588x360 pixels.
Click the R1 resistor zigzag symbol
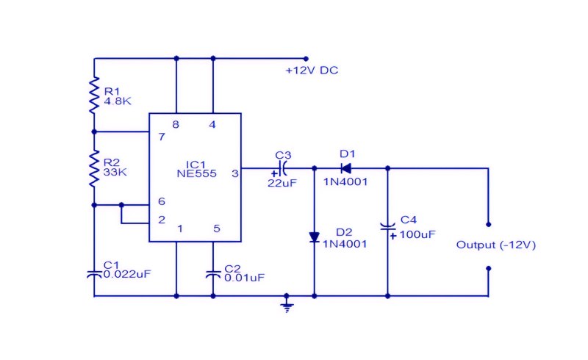click(94, 96)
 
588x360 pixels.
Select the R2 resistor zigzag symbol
click(94, 168)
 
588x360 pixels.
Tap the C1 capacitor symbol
click(94, 274)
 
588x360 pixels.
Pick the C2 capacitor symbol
click(213, 274)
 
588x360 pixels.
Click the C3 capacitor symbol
click(283, 168)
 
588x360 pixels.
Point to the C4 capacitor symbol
click(388, 226)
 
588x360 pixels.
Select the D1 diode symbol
click(345, 168)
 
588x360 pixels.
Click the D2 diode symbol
click(315, 237)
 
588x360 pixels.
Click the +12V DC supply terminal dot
click(306, 59)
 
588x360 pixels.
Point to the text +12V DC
click(312, 71)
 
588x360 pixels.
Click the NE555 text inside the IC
click(196, 173)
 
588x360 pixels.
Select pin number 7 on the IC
click(162, 137)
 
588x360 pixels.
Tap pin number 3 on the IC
click(234, 173)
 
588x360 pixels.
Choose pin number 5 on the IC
click(217, 228)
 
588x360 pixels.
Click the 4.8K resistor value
click(118, 101)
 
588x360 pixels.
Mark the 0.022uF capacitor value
click(127, 274)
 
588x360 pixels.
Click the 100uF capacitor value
click(417, 235)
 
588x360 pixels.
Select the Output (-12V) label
click(495, 245)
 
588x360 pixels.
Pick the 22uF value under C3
click(282, 183)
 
